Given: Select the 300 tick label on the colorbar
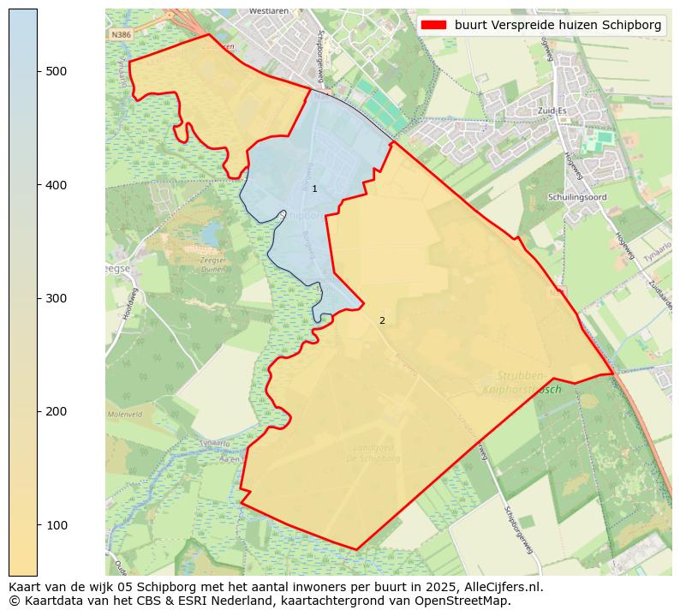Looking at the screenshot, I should (57, 298).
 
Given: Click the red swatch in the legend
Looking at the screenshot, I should (433, 26).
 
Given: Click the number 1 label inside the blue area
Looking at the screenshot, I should (314, 188).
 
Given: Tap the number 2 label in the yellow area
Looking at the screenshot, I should (382, 320).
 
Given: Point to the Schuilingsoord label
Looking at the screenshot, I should (576, 196).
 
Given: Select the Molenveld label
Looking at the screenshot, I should (124, 415).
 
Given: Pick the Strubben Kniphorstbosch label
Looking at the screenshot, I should (521, 382).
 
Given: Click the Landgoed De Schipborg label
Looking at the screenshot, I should (377, 452).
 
